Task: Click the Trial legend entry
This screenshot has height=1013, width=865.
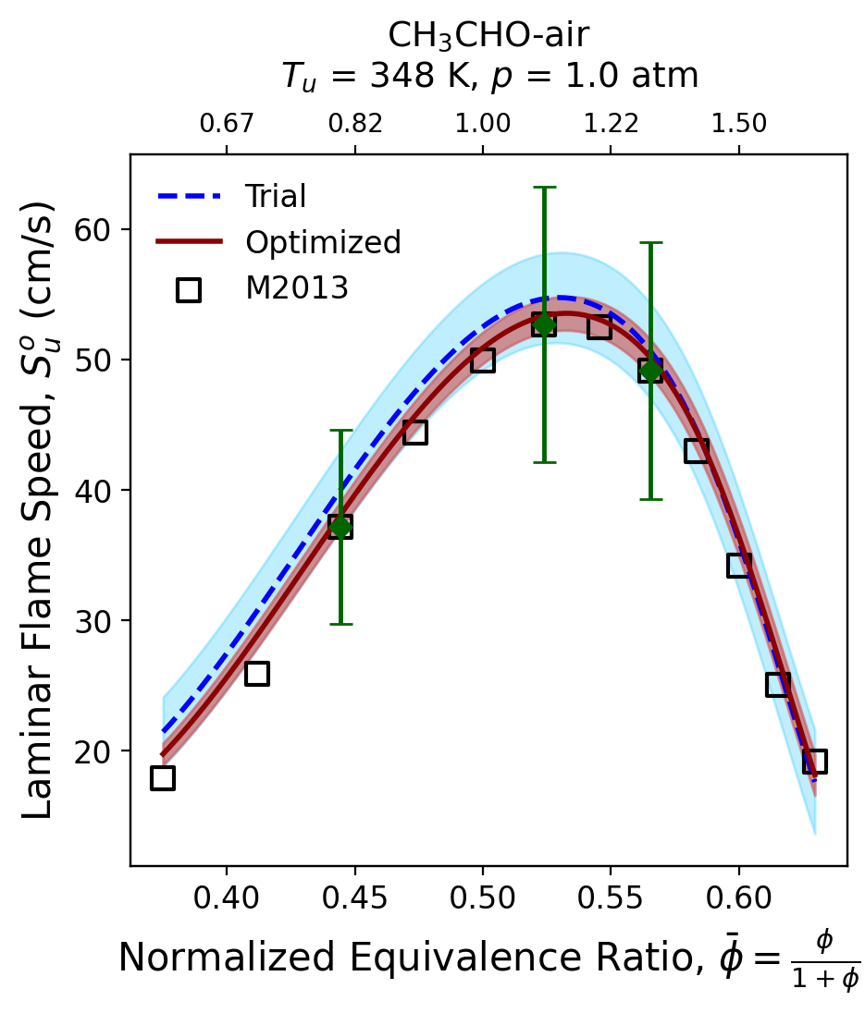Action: [x=275, y=196]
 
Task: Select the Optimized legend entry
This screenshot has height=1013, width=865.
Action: [x=322, y=242]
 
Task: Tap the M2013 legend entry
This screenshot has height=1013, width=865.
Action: [x=296, y=288]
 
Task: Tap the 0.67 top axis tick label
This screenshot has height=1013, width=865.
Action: [x=227, y=124]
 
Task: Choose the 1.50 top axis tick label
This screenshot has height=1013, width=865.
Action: [x=738, y=124]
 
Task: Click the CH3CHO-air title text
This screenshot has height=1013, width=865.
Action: [x=488, y=35]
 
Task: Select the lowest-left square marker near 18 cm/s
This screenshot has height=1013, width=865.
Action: [x=163, y=777]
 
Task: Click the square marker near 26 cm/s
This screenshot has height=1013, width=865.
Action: [x=257, y=673]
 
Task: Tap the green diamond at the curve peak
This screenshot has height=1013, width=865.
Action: [x=544, y=324]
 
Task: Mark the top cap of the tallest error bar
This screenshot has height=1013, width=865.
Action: [x=544, y=188]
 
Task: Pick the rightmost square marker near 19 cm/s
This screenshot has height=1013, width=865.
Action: [x=814, y=761]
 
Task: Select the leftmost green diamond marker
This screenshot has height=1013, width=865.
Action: [x=340, y=527]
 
